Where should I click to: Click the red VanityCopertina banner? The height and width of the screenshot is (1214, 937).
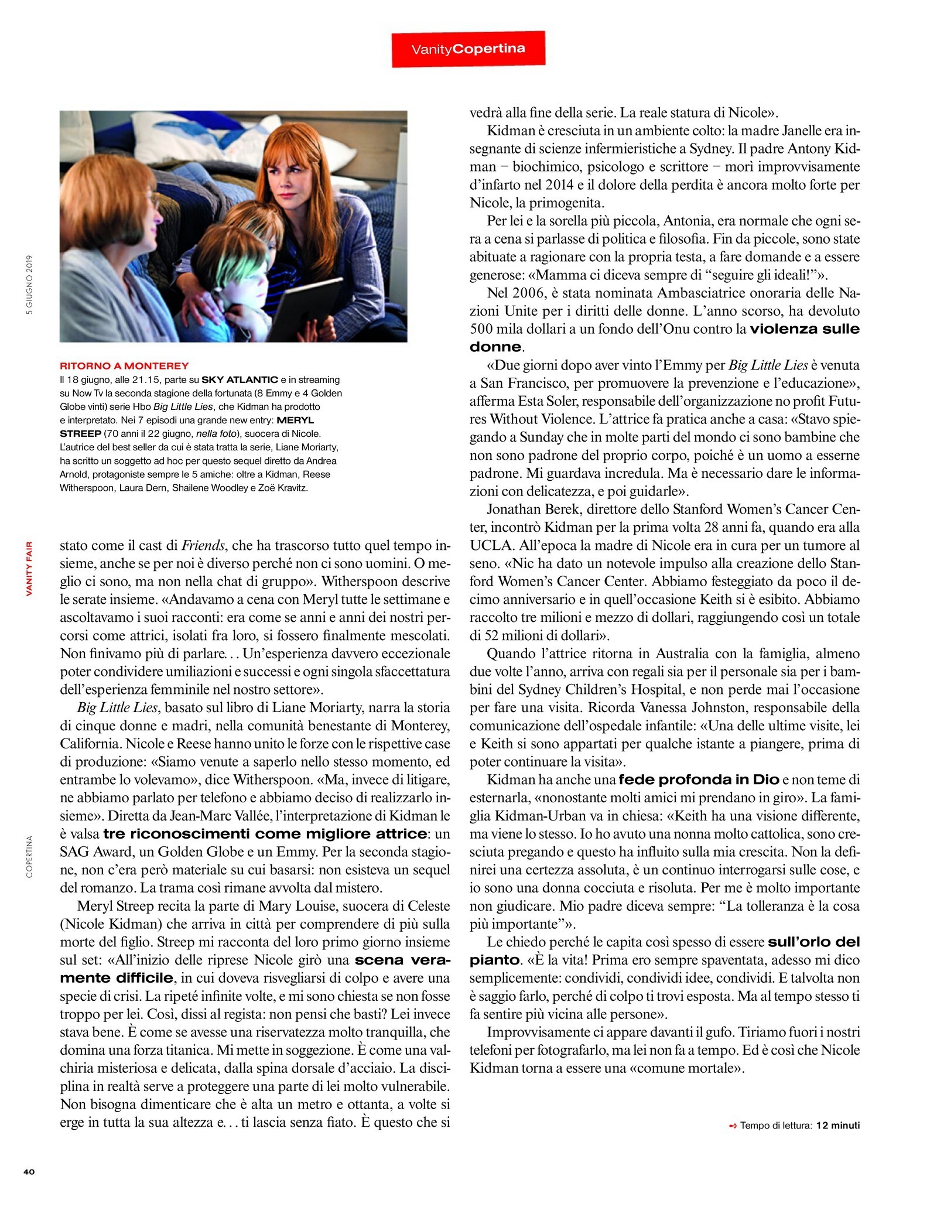[468, 49]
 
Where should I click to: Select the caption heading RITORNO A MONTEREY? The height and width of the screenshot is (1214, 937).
[124, 366]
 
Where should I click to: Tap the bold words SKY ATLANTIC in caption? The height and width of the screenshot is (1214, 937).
[240, 379]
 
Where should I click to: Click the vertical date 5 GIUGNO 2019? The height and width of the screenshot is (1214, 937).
[29, 285]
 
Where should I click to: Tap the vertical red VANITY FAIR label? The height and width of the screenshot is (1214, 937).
[29, 568]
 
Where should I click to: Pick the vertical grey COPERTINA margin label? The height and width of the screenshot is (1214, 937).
[29, 856]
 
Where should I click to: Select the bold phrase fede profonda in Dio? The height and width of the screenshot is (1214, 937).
[699, 780]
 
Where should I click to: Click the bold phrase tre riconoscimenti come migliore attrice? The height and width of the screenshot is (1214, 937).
[265, 834]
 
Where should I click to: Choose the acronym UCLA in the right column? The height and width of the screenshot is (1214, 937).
[491, 546]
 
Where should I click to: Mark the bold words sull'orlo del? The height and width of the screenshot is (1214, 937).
[813, 942]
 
